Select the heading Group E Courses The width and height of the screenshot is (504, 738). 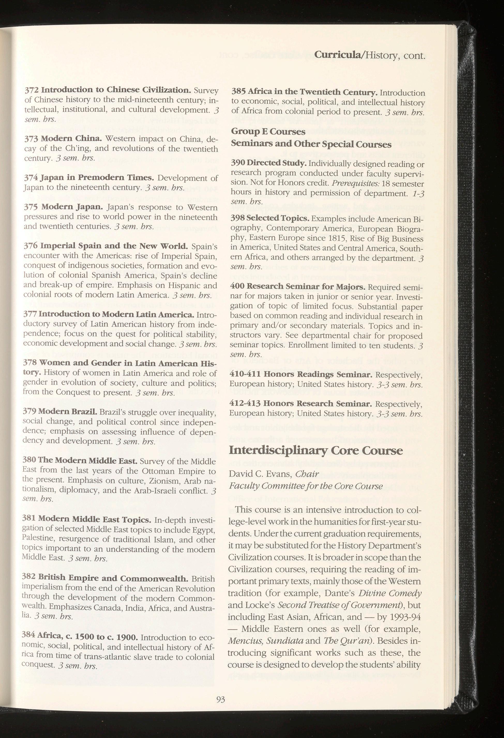coord(268,132)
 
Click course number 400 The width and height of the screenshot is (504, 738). coord(237,286)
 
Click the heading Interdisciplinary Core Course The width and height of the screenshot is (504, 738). coord(315,451)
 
